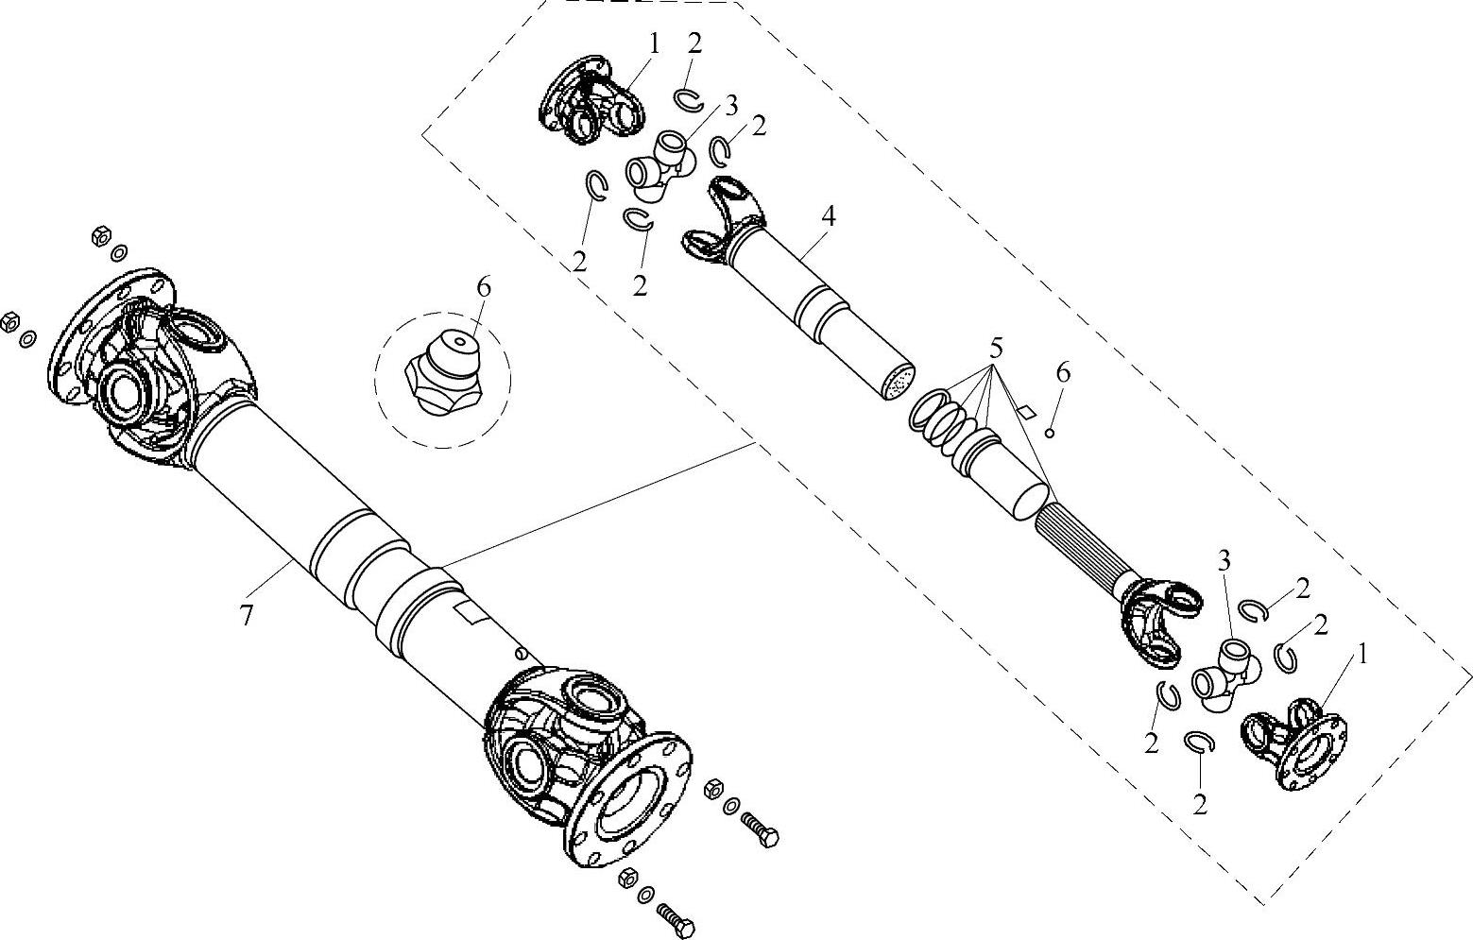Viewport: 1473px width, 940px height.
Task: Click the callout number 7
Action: (x=246, y=615)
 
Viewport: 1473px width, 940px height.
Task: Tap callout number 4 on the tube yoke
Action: (x=829, y=215)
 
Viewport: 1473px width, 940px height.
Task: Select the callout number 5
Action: (x=996, y=348)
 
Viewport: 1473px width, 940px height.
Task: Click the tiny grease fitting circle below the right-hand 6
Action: (x=1050, y=433)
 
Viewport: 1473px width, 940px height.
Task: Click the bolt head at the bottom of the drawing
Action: (x=685, y=928)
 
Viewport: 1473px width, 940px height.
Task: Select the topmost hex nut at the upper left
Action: (x=101, y=234)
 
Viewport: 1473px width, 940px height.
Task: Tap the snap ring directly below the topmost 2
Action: (x=689, y=98)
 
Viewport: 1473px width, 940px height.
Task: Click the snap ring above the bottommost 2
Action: (x=1199, y=742)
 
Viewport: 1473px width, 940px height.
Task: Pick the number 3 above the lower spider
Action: (x=1224, y=561)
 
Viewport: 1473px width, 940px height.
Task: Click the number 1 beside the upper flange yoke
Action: (x=654, y=43)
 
